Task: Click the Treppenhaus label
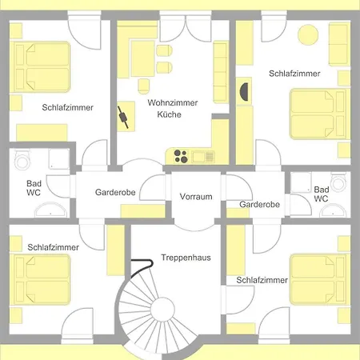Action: click(x=186, y=258)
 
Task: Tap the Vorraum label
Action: click(x=196, y=197)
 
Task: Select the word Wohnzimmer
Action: click(x=173, y=102)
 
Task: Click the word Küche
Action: click(x=170, y=114)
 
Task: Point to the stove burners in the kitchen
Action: click(x=181, y=156)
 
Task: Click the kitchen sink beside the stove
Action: click(x=203, y=157)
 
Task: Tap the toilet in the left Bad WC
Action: click(x=22, y=159)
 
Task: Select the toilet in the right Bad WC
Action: click(x=338, y=182)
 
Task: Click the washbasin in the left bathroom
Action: click(x=50, y=210)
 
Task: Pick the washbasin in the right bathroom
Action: click(x=333, y=210)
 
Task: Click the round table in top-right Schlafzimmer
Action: click(x=308, y=34)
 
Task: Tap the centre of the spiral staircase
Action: click(x=162, y=310)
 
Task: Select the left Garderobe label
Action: click(x=115, y=192)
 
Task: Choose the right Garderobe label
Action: click(x=259, y=205)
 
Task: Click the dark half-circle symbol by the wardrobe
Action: click(x=245, y=92)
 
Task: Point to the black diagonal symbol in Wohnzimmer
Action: click(x=123, y=118)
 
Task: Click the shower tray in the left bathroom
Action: click(x=59, y=159)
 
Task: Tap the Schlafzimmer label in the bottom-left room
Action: click(x=54, y=247)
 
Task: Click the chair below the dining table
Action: click(x=144, y=86)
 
